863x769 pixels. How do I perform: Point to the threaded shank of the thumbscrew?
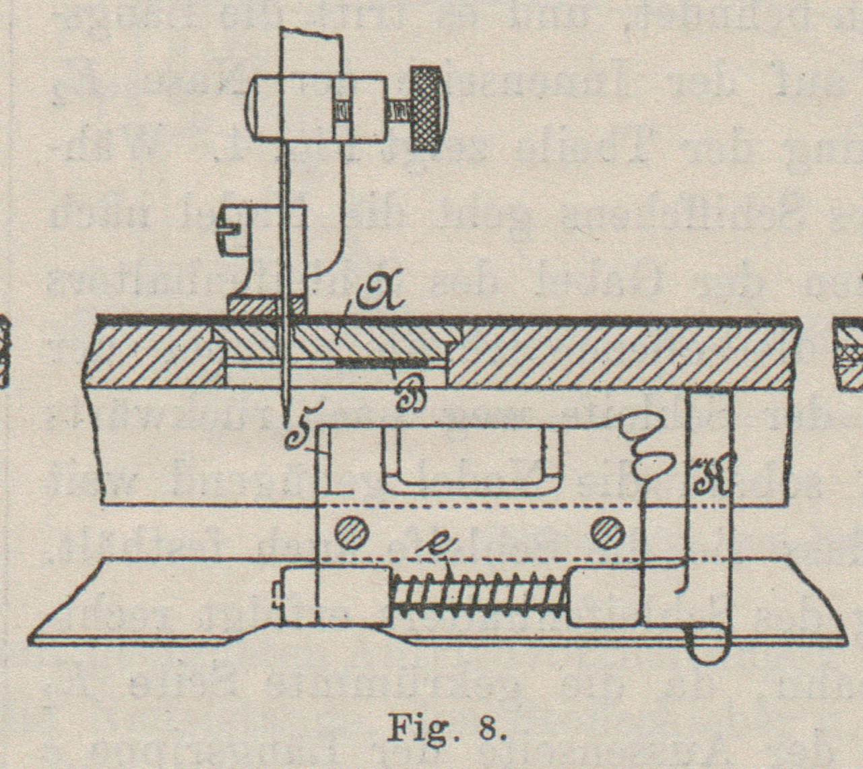(398, 110)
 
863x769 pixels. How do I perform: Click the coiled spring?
(478, 595)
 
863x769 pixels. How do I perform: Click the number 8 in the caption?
(489, 729)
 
